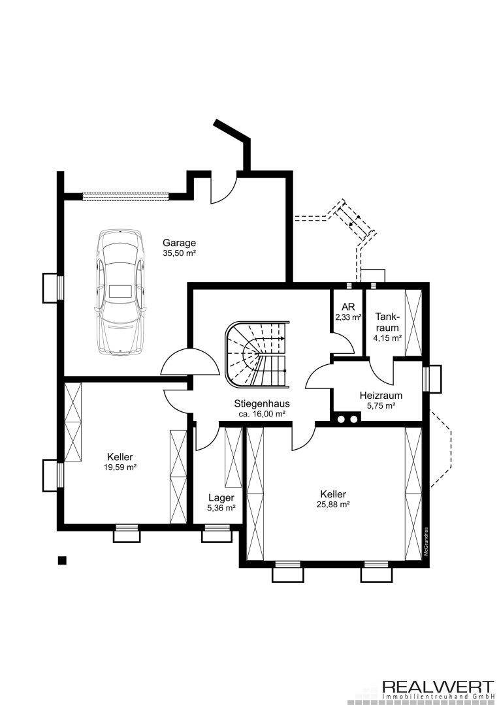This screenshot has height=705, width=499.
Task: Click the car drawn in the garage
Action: click(120, 292)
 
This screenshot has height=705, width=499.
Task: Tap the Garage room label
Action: click(179, 243)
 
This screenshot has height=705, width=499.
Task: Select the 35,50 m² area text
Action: click(179, 253)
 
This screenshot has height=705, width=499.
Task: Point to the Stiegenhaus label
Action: click(262, 403)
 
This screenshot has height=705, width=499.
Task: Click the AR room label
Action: click(348, 307)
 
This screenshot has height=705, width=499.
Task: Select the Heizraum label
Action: click(381, 396)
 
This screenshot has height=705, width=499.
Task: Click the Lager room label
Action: click(221, 497)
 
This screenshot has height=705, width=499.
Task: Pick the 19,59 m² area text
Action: click(120, 467)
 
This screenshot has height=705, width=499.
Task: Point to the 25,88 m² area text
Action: click(333, 505)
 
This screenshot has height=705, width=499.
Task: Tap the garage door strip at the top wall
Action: click(125, 196)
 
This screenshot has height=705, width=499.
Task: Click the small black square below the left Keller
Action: click(62, 560)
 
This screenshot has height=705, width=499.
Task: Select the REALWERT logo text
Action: click(438, 687)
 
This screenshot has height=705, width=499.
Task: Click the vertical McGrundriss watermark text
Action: click(426, 542)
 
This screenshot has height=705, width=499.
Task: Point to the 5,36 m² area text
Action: click(221, 508)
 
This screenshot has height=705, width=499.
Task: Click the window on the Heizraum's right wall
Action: click(432, 379)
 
